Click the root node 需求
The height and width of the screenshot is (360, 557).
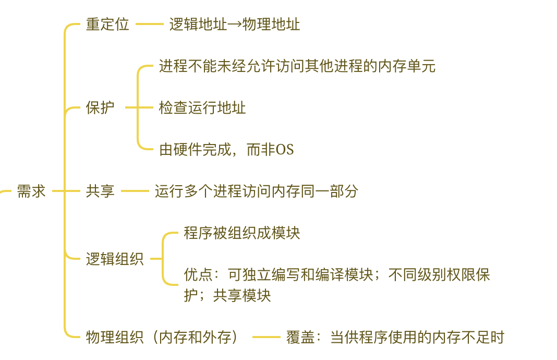point(31,191)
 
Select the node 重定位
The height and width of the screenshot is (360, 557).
point(107,25)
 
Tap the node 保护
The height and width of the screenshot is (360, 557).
point(100,108)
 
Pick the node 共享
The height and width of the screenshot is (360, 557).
point(100,191)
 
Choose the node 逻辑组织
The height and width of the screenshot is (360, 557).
point(115,259)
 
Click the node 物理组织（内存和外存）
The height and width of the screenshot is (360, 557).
point(163,338)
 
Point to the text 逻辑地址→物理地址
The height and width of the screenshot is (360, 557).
point(235,25)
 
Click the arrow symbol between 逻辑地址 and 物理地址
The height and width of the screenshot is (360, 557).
point(235,25)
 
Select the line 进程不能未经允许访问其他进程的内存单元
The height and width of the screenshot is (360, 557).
point(297,66)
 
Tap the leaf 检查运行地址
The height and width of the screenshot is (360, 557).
point(202,108)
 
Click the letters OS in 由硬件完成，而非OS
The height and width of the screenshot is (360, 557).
point(285,150)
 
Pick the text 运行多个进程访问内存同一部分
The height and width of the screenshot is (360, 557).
point(257,191)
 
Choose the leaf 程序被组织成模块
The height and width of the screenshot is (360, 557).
point(242,233)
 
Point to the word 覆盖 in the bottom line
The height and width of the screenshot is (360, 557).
point(300,338)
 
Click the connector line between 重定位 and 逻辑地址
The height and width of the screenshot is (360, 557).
point(150,24)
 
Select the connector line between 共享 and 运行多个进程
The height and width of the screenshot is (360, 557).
point(135,191)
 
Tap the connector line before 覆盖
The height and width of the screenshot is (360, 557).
point(267,337)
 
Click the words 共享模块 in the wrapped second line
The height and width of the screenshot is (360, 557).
point(242,296)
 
